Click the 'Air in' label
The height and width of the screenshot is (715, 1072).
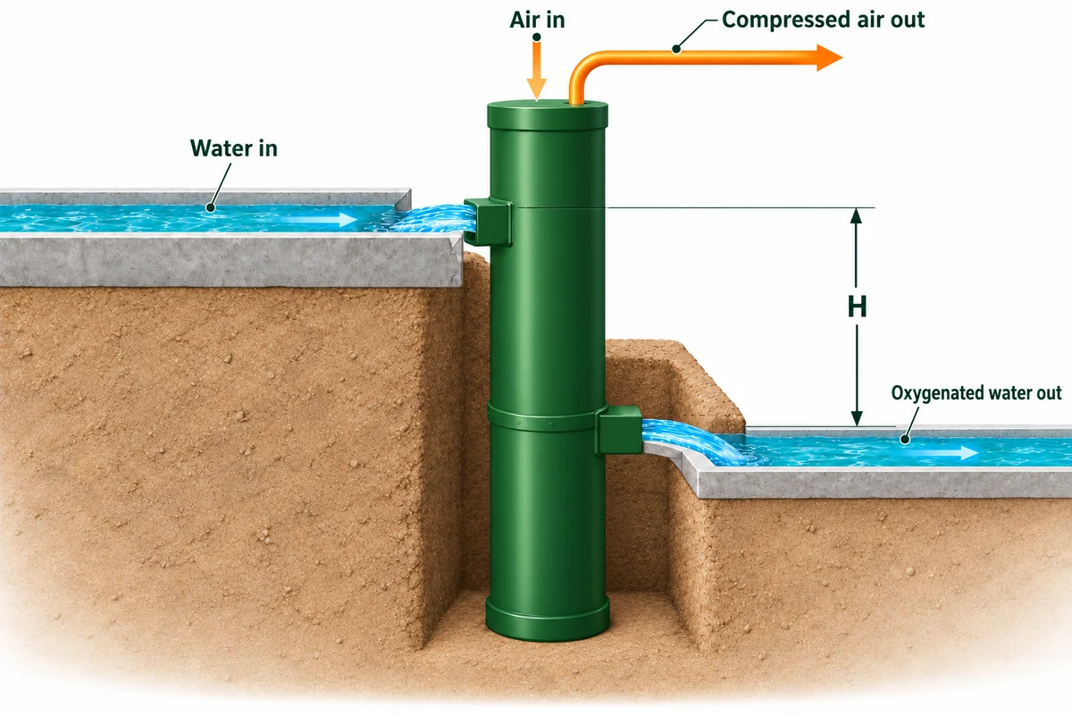(537, 21)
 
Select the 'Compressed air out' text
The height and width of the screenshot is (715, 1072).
(823, 21)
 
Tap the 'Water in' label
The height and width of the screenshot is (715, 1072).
(233, 148)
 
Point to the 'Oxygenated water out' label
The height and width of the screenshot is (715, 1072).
(976, 393)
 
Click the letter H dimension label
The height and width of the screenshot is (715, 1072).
(857, 307)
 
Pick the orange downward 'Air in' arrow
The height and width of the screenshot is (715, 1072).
(537, 71)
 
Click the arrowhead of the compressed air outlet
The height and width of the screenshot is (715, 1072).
(829, 57)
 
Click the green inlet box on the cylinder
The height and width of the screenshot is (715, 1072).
(488, 222)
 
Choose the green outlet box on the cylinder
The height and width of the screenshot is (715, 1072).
(618, 430)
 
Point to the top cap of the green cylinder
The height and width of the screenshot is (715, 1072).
(548, 115)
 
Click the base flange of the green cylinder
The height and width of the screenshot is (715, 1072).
(548, 618)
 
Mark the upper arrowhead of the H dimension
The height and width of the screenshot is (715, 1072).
(856, 216)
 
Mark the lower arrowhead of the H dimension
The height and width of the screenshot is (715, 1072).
(857, 417)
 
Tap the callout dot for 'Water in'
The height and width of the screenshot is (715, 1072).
(210, 208)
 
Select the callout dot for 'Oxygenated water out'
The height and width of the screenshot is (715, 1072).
(904, 439)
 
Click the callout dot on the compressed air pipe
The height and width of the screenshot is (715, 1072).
(676, 48)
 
